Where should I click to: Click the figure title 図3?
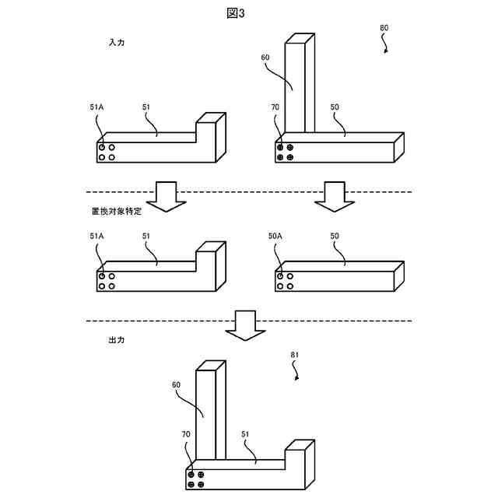click(x=247, y=13)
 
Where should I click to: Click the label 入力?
click(x=116, y=44)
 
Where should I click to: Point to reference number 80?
click(x=384, y=27)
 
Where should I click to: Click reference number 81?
click(x=295, y=355)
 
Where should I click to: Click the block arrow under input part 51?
click(x=165, y=196)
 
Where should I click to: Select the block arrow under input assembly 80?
click(x=335, y=196)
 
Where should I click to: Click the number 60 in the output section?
click(x=177, y=384)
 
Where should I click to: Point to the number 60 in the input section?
click(x=265, y=57)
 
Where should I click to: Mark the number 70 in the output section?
click(x=185, y=434)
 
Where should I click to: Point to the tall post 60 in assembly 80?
click(x=300, y=86)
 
